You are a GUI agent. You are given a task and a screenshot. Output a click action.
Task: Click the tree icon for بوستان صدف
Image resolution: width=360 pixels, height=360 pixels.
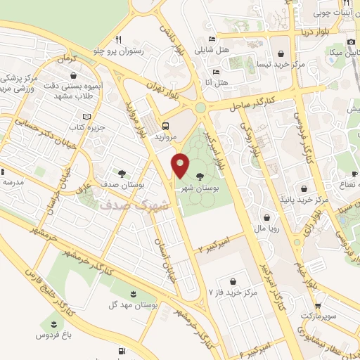pyautogui.click(x=122, y=172)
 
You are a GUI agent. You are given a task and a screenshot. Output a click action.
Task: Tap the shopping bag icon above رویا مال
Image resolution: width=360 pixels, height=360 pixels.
pyautogui.click(x=269, y=217)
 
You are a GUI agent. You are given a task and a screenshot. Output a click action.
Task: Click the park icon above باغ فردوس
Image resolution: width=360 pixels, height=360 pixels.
pyautogui.click(x=53, y=324)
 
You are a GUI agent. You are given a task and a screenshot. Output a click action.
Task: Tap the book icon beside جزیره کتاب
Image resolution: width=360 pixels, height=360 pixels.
pyautogui.click(x=86, y=117)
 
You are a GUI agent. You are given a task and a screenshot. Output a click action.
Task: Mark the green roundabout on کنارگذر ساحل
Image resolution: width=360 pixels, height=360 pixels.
pyautogui.click(x=201, y=108)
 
